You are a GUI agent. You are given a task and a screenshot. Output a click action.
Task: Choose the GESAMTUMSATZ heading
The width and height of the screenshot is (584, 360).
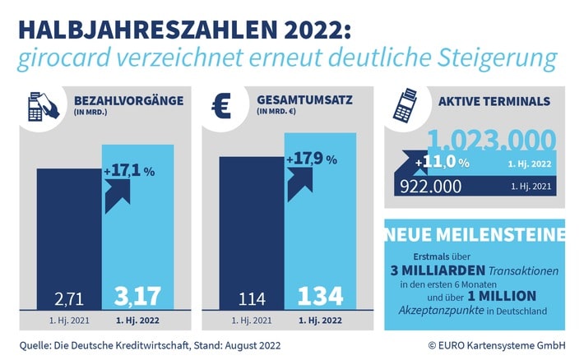[x=304, y=102]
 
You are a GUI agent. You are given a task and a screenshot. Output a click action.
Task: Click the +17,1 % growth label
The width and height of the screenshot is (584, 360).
[x=130, y=171]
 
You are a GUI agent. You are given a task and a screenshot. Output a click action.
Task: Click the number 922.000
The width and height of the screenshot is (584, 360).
[x=433, y=187]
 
